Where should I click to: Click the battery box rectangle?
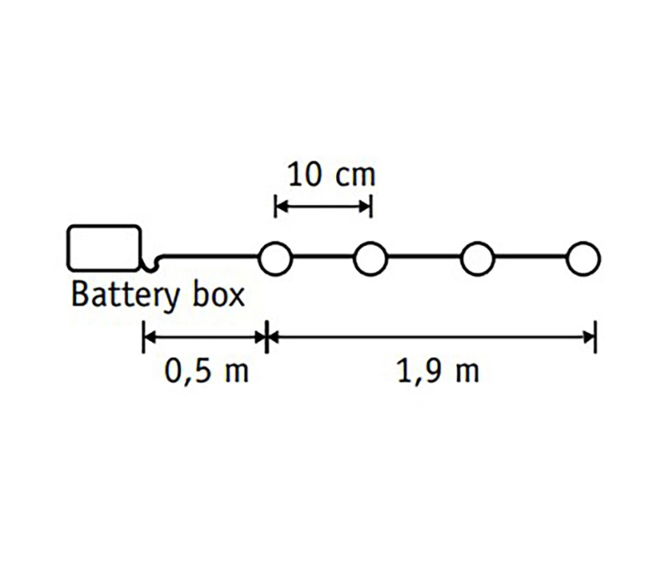[104, 247]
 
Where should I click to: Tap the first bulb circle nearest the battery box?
[275, 258]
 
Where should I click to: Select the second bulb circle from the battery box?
[370, 258]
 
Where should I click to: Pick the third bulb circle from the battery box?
[478, 258]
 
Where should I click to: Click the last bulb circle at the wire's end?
[583, 258]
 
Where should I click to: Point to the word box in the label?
[218, 294]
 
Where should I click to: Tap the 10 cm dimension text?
[331, 175]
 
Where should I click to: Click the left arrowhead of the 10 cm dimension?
[282, 207]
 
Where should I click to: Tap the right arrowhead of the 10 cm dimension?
[364, 207]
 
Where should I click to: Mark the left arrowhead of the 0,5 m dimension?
[150, 337]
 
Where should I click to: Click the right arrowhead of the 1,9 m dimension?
[589, 337]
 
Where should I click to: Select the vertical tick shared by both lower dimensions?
[266, 337]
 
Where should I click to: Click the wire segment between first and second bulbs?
[323, 256]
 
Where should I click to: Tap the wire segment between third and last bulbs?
[530, 256]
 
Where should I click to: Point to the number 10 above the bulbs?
[304, 175]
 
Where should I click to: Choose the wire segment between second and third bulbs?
[424, 256]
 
